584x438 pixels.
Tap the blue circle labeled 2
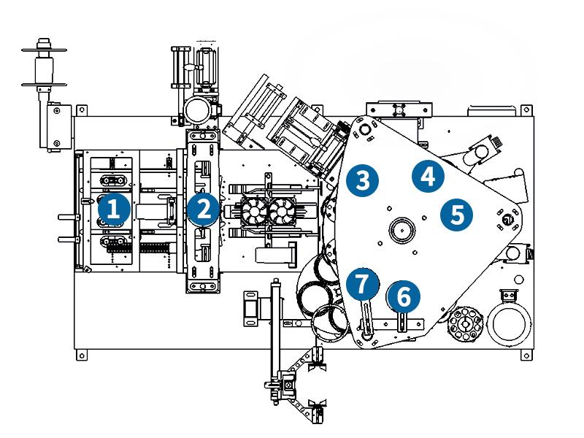(203, 209)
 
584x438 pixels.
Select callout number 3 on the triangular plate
(363, 180)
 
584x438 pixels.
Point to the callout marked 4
(428, 176)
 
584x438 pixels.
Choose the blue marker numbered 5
(457, 215)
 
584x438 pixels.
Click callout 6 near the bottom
(404, 296)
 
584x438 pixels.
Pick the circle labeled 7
(363, 283)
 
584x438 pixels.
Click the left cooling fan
(256, 212)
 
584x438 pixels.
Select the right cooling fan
(283, 212)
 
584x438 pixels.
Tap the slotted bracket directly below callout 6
(402, 321)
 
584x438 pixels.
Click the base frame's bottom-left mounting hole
(81, 356)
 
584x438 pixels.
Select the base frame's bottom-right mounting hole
(524, 356)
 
